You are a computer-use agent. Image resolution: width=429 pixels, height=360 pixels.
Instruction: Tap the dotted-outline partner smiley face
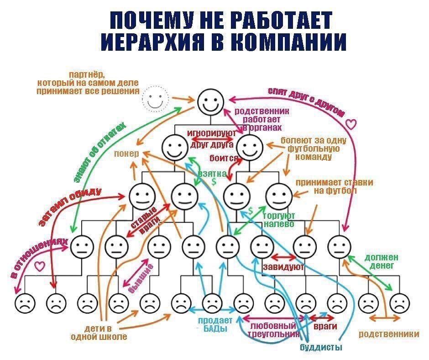(x=155, y=98)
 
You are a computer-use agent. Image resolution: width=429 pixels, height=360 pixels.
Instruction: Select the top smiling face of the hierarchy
(x=211, y=101)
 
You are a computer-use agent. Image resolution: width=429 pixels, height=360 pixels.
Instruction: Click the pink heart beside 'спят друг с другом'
(x=351, y=123)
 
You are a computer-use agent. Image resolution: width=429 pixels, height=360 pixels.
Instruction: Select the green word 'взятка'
(x=212, y=174)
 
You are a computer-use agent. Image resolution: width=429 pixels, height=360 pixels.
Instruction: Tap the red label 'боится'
(x=224, y=159)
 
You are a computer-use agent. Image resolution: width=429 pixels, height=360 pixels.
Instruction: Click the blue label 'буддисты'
(x=321, y=348)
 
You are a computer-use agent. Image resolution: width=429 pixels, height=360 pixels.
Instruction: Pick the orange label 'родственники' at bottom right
(x=388, y=334)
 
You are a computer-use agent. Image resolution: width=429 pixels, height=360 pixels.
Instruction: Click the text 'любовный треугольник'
(x=273, y=330)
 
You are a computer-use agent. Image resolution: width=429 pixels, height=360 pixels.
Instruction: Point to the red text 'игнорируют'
(x=211, y=133)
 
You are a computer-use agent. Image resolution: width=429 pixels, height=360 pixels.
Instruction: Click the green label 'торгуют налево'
(x=279, y=219)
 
